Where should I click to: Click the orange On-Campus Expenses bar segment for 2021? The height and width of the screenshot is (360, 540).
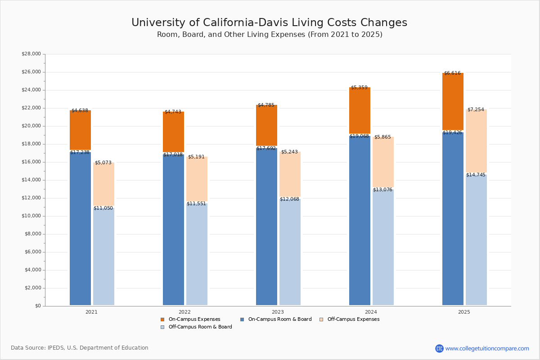80,130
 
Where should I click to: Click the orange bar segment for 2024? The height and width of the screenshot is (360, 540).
360,110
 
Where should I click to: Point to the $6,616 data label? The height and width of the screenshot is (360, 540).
452,73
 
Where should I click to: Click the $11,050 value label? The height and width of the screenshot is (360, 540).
103,208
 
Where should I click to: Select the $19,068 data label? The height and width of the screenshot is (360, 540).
359,136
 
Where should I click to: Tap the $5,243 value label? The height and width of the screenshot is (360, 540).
289,152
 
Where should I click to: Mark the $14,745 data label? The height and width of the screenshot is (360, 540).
476,175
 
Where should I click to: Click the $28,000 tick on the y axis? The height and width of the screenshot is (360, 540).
31,54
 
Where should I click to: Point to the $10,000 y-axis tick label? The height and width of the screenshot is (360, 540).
31,216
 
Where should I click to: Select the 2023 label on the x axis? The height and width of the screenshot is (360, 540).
278,312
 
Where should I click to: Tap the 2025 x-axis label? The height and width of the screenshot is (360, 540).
464,312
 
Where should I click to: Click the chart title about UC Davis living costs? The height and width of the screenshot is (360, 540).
269,23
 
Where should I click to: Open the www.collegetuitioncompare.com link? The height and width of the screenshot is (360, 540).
487,348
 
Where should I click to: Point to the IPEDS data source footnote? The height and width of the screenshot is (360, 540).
80,348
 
